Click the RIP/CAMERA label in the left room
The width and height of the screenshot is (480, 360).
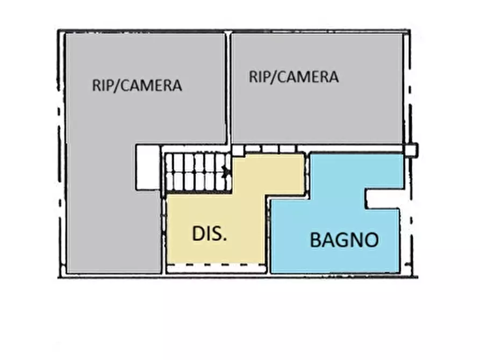tap(137, 85)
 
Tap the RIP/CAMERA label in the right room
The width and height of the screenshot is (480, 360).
tap(293, 77)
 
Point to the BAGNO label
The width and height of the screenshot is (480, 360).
tap(344, 240)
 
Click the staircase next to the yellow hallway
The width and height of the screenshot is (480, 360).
tap(197, 171)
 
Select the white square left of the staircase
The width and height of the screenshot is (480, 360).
tap(148, 167)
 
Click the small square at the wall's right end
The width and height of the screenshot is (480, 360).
tap(411, 150)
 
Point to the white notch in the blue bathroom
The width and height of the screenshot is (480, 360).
tap(384, 199)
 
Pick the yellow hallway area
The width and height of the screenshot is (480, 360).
tap(215, 215)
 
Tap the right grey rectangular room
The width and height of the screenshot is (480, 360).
tap(317, 107)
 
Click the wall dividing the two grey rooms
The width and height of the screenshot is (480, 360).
tap(228, 86)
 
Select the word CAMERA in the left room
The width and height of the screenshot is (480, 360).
tap(152, 85)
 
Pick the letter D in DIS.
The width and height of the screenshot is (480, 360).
tap(198, 234)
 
